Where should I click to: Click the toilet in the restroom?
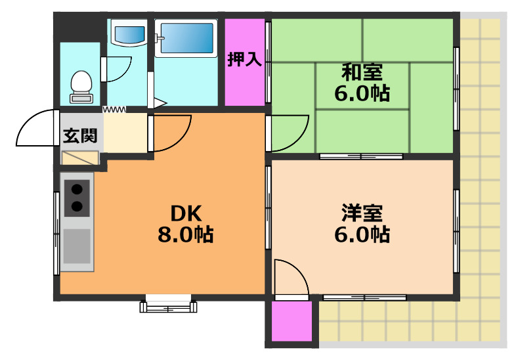pos(81,85)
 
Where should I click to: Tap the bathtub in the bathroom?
pos(187,39)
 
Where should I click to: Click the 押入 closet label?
pos(245,60)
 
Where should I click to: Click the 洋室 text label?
pos(362,213)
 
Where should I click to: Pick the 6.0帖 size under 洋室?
pos(362,234)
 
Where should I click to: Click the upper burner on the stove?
pos(77,190)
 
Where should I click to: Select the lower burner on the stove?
pos(77,207)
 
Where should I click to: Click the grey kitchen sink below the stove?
pos(77,246)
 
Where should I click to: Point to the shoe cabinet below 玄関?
pos(79,158)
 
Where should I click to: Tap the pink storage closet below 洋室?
pos(291,322)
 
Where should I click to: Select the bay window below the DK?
pos(168,305)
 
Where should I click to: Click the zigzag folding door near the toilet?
pos(114,108)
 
